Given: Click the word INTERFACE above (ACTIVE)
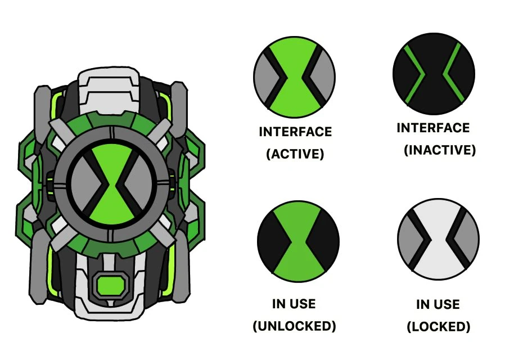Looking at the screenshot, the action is coord(295,132).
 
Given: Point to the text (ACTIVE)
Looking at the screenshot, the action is coord(295,154).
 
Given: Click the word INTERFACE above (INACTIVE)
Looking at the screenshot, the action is coord(433,128).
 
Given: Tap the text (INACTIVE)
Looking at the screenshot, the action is coord(440,150).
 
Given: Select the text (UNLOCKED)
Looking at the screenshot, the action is coord(294,326).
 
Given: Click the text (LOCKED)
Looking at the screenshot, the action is coord(438,326).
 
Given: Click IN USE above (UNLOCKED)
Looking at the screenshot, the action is coord(294,304).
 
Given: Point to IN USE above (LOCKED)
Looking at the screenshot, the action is coord(438,304).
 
